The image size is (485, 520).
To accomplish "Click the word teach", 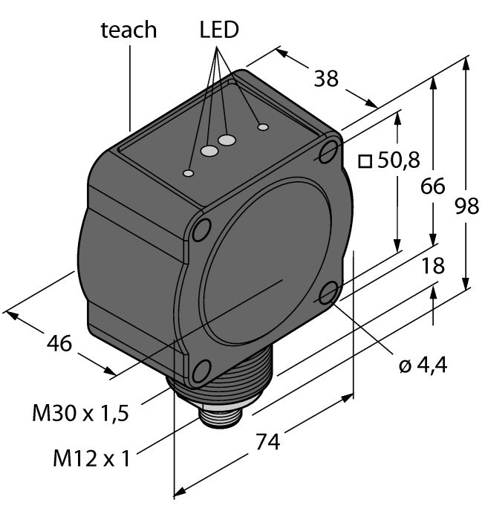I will coord(129,30).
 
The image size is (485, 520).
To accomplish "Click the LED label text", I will coord(219,29).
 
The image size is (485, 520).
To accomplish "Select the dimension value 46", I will coord(59,344).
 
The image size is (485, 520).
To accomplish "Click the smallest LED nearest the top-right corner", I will coord(262,127).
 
